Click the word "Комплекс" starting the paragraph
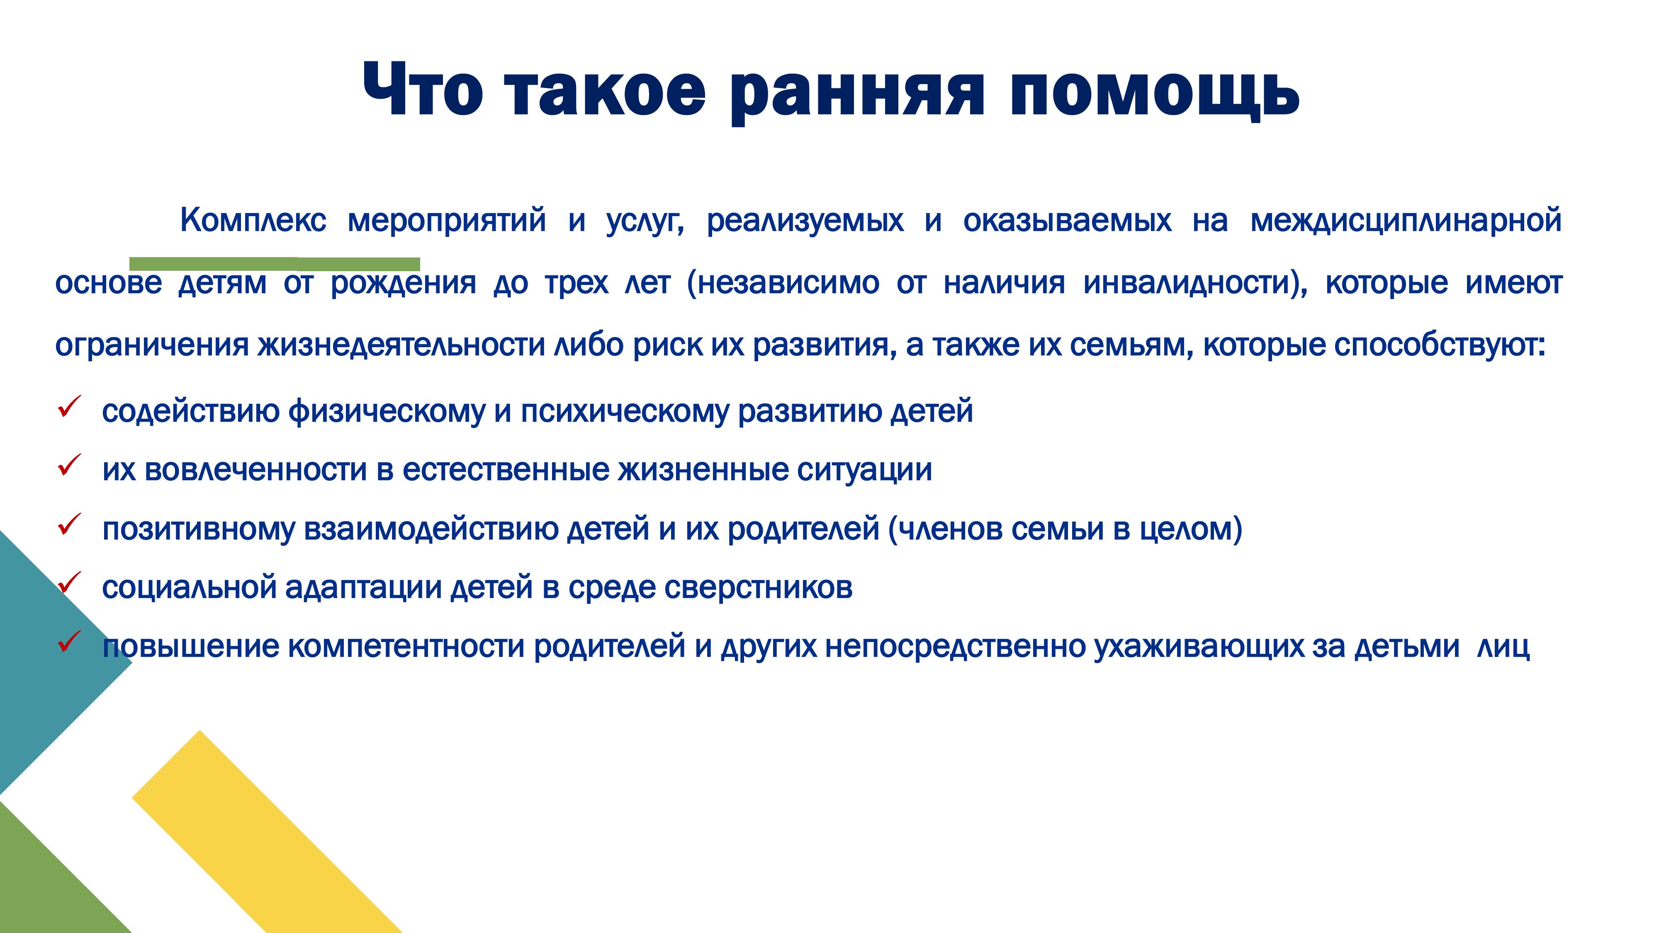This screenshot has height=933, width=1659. point(253,220)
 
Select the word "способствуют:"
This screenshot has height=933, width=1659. point(1440,345)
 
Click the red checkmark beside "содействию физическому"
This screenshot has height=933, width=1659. point(69,407)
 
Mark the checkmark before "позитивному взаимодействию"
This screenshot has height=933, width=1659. point(69,524)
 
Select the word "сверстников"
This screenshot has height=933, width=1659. point(758,587)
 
